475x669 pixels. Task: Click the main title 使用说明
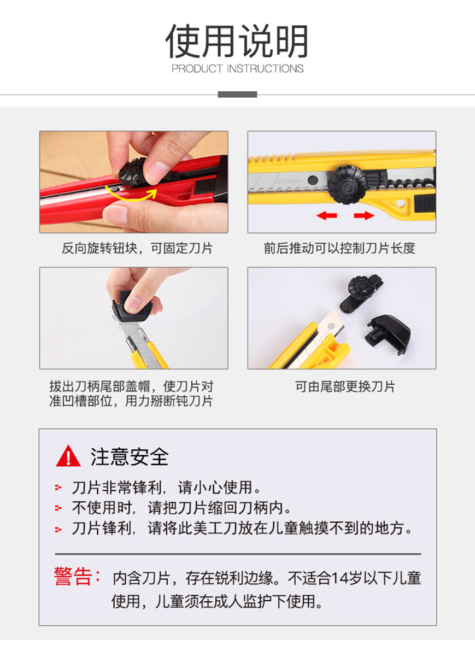click(237, 41)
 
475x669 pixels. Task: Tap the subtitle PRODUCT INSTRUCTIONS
click(237, 69)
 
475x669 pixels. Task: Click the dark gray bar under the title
click(237, 95)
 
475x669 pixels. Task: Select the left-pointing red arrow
click(326, 215)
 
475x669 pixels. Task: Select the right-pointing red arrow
click(364, 215)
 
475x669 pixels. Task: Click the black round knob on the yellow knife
click(347, 185)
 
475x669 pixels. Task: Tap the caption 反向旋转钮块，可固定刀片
click(137, 248)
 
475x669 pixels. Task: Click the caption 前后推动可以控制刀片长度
click(339, 248)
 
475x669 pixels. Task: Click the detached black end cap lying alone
click(388, 334)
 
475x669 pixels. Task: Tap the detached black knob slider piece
click(361, 294)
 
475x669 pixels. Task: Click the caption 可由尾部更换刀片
click(345, 386)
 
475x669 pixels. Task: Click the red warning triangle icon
click(68, 456)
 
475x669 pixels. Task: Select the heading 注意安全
click(130, 456)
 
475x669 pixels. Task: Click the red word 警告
click(73, 576)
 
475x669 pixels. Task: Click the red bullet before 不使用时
click(58, 508)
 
